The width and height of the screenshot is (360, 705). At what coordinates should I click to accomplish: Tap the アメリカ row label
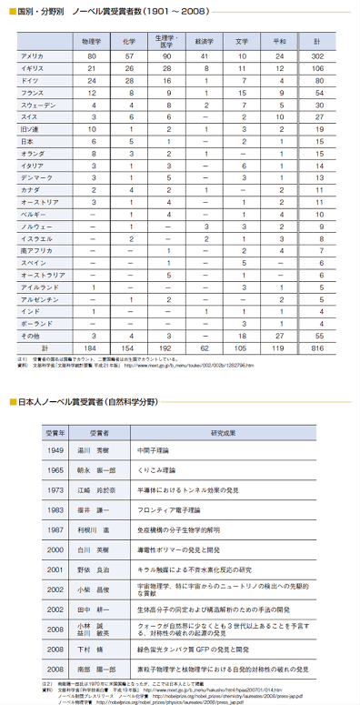(33, 56)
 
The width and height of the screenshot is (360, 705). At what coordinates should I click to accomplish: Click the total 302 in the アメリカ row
(318, 56)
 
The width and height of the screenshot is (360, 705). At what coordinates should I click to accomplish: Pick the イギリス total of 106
(318, 68)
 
